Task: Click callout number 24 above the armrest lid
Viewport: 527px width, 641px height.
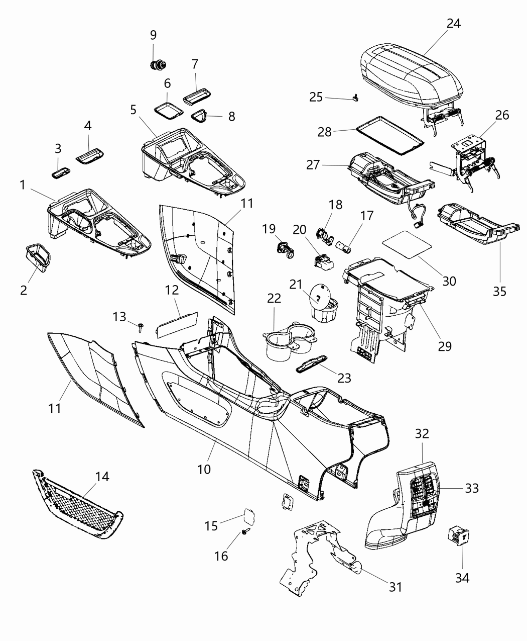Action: (x=453, y=24)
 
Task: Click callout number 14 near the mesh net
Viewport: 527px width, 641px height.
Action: (x=102, y=476)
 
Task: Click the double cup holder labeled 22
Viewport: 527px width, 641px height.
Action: (x=290, y=344)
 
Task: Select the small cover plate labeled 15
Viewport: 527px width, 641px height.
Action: (x=249, y=517)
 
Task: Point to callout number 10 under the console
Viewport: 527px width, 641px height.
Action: (x=204, y=469)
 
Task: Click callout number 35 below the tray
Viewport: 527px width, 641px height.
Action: (x=499, y=291)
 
